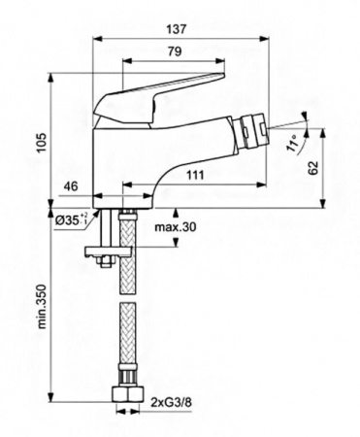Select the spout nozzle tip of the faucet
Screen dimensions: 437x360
[x=279, y=130]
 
